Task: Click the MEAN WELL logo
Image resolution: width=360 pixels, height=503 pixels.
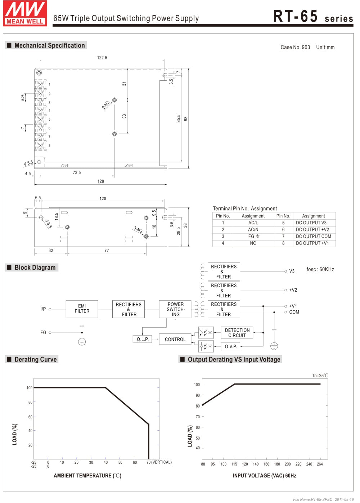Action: coord(25,13)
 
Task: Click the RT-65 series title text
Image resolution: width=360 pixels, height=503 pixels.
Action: coord(313,17)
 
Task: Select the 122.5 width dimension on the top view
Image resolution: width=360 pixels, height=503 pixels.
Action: coord(102,58)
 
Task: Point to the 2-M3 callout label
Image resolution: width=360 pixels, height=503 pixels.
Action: coord(105,105)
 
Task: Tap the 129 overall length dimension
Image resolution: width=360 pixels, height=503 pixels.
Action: coord(101,181)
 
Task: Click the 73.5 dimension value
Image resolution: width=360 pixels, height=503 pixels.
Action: coord(77,172)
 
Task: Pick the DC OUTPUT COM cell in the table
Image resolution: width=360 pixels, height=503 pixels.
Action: coord(313,236)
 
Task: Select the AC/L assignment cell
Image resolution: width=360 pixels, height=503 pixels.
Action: coord(253,223)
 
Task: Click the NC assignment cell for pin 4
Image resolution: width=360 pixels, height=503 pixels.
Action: coord(253,243)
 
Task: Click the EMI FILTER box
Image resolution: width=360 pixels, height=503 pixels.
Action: coord(82,309)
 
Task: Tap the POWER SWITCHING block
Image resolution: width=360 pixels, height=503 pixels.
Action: coord(175,309)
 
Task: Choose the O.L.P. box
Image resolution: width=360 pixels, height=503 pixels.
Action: coord(143,339)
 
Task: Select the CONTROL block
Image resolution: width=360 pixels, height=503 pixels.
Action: coord(175,339)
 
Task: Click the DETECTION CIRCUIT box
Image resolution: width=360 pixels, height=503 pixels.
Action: coord(237,333)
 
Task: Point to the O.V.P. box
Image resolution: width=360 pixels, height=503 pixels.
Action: coord(231,346)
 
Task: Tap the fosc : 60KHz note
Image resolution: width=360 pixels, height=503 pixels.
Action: coord(320,269)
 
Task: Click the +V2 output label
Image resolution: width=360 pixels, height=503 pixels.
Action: coord(293,290)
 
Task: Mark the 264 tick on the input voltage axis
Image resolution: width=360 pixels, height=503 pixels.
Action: coord(320,464)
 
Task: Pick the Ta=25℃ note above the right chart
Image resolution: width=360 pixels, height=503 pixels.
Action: coord(320,376)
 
